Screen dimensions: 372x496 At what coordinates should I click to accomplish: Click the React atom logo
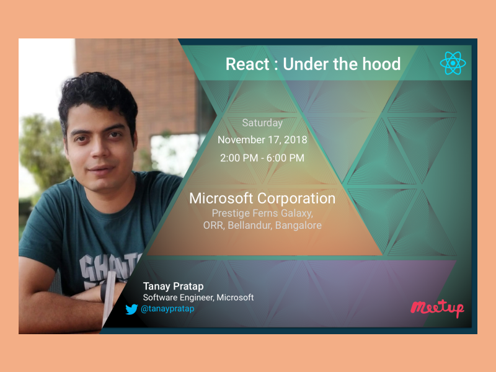point(453,63)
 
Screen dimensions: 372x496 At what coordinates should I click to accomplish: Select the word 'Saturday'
point(262,123)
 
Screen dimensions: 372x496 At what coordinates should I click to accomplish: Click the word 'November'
point(241,140)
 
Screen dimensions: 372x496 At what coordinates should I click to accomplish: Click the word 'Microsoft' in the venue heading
point(221,198)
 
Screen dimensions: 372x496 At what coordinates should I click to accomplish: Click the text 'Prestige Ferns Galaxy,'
point(262,213)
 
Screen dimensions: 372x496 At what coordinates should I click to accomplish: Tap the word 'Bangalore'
point(299,226)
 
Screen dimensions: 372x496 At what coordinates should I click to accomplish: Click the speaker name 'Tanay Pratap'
point(173,286)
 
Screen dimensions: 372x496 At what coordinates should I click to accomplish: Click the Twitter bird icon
point(131,309)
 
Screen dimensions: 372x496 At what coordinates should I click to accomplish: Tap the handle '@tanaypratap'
point(167,309)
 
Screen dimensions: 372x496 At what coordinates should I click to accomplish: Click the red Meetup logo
point(437,308)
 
